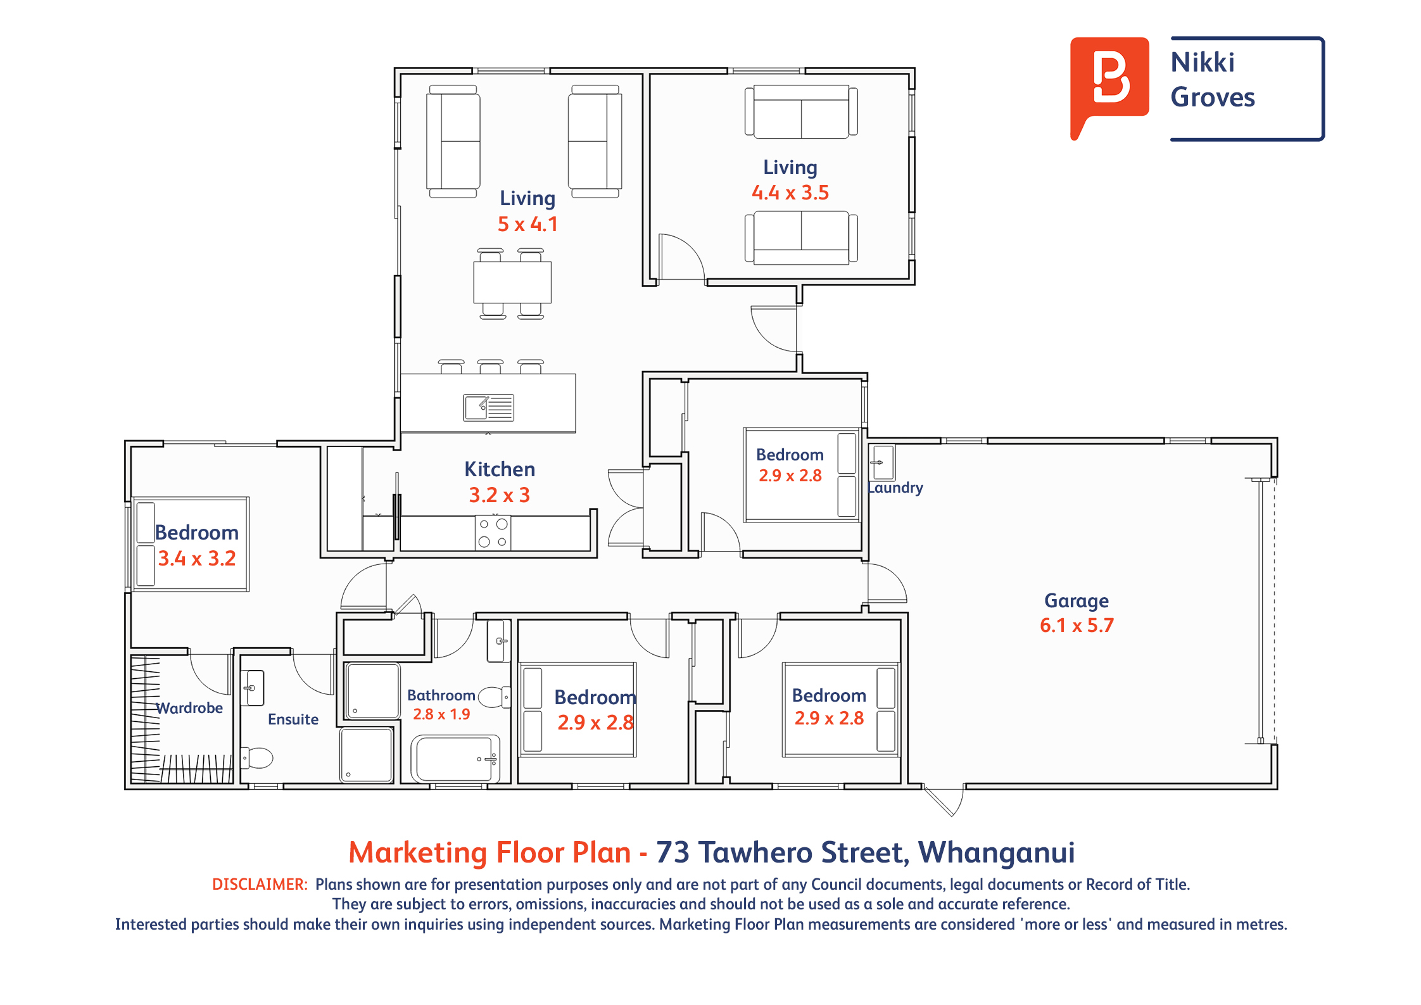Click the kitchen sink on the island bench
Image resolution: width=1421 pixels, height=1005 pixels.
point(488,408)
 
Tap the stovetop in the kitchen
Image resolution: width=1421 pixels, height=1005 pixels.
point(493,533)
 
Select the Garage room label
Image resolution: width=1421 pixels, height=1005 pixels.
point(1076,601)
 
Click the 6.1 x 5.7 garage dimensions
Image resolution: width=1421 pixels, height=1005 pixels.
point(1077,626)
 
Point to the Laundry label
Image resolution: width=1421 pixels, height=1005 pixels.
point(895,488)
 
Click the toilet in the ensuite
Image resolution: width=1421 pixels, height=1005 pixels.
point(256,757)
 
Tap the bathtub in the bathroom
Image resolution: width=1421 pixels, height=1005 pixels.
point(455,758)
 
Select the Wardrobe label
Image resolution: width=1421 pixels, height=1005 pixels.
point(189,708)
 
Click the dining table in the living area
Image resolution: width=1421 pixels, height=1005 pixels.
point(512,282)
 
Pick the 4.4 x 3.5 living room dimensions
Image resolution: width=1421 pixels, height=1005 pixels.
point(790,193)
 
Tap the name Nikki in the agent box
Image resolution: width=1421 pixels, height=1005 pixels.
point(1203,62)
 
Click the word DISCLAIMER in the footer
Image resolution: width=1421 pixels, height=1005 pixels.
point(260,884)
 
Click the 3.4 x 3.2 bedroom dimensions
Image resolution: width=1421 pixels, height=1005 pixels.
point(197,559)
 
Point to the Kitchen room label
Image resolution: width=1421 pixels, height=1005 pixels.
point(500,469)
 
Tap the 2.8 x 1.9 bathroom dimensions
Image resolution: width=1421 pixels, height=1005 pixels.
point(441,714)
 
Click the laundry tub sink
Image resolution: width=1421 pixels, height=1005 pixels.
point(881,462)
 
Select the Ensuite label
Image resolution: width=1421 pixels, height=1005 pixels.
point(293,719)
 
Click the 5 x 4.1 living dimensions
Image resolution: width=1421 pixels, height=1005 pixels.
point(527,224)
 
